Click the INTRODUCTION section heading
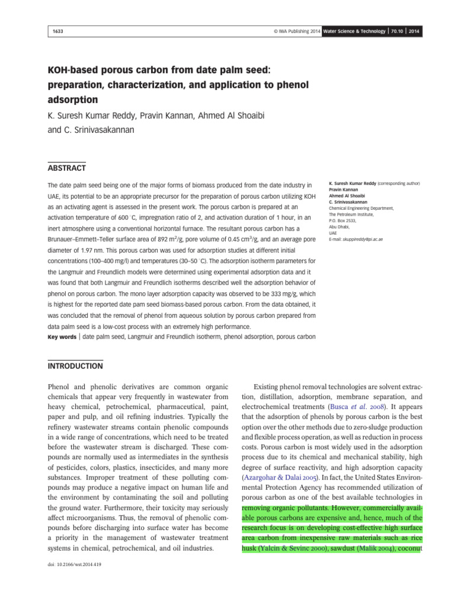[75, 366]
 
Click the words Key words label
[62, 337]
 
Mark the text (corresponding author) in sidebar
[398, 184]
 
